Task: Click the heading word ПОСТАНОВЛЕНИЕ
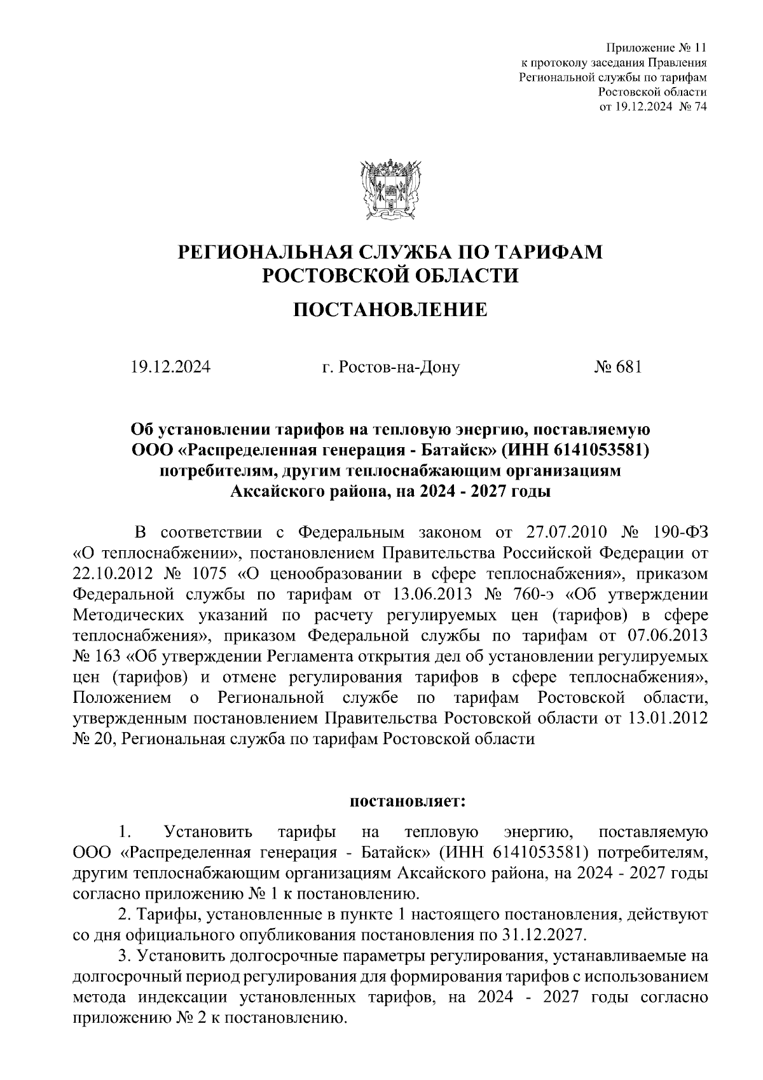tap(390, 310)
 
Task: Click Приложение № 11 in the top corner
tap(656, 48)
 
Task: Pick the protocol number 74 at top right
tap(701, 106)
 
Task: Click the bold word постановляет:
tap(408, 801)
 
